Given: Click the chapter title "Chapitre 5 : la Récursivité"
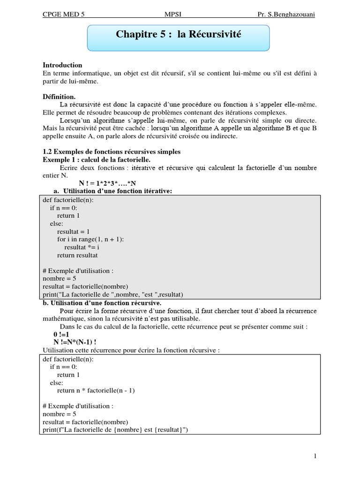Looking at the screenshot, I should click(178, 35).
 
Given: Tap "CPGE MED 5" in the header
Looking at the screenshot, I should click(64, 14).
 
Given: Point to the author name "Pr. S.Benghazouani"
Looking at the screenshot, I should click(286, 14).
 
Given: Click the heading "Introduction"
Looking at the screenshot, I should click(62, 65).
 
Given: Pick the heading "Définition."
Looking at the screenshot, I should click(59, 96).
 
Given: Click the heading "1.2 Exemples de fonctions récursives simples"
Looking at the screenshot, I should click(111, 152).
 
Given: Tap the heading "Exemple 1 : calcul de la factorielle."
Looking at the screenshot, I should click(96, 160).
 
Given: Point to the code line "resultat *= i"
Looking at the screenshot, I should click(82, 247).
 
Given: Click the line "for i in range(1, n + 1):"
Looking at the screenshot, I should click(90, 240).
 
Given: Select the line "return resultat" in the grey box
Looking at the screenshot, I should click(77, 255).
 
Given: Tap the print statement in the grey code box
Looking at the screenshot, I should click(112, 294).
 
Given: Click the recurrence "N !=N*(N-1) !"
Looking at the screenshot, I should click(75, 342).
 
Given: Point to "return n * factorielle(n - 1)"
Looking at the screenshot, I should click(96, 390).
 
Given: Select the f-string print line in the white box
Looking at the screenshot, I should click(115, 430).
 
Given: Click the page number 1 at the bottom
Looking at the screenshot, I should click(315, 456).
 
